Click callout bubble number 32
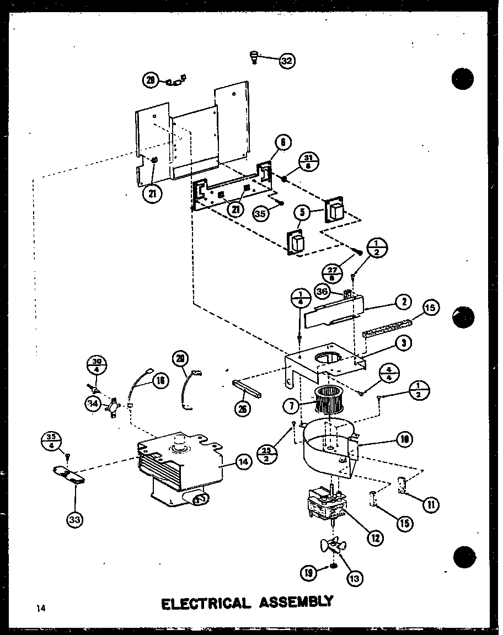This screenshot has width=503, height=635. tap(286, 61)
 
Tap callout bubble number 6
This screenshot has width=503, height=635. tap(281, 143)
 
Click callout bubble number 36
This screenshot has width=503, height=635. tap(322, 290)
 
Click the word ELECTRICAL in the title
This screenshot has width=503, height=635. tap(205, 602)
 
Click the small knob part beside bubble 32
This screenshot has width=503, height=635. tap(254, 56)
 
